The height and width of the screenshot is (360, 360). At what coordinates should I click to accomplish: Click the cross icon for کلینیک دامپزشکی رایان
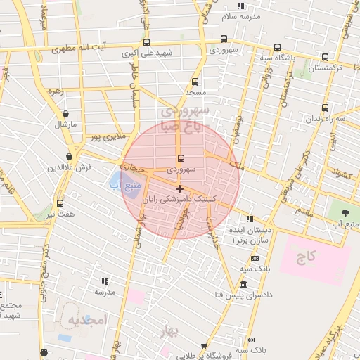point(180,188)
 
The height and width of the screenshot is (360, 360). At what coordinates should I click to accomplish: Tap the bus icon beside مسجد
point(195,82)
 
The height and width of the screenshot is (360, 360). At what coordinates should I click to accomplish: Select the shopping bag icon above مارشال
point(65,113)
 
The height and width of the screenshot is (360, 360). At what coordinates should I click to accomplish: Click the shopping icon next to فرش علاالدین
point(69,156)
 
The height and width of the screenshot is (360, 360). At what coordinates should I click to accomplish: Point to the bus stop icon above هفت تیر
point(60,202)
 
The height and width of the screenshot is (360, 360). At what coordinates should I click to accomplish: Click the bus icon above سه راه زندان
point(325,108)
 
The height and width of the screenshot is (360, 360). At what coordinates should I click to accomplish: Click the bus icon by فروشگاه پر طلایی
point(204,346)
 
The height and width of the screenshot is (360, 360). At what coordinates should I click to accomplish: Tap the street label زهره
point(56,91)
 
